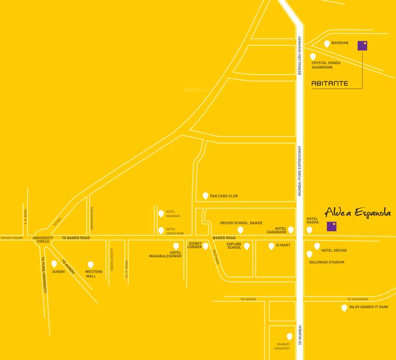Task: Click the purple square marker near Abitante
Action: pyautogui.click(x=362, y=45)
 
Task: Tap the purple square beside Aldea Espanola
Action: pyautogui.click(x=332, y=226)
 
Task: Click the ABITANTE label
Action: pyautogui.click(x=330, y=83)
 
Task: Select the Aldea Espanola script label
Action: pyautogui.click(x=358, y=212)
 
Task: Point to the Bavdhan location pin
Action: pyautogui.click(x=327, y=44)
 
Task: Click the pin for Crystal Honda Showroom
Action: pyautogui.click(x=313, y=56)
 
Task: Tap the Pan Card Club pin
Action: pyautogui.click(x=205, y=195)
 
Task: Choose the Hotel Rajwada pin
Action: pyautogui.click(x=161, y=213)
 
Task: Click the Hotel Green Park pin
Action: pyautogui.click(x=161, y=230)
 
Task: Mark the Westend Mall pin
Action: pyautogui.click(x=91, y=264)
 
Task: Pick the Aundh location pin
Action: pyautogui.click(x=54, y=263)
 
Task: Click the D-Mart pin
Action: pyautogui.click(x=271, y=246)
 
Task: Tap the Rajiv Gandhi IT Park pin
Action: pyautogui.click(x=344, y=307)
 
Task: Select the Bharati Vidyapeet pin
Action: pyautogui.click(x=289, y=336)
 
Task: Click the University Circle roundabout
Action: pyautogui.click(x=43, y=238)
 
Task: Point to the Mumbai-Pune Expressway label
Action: pyautogui.click(x=299, y=171)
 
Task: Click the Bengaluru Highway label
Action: pyautogui.click(x=299, y=56)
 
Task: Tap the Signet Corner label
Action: pyautogui.click(x=195, y=245)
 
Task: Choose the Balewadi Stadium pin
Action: pyautogui.click(x=309, y=254)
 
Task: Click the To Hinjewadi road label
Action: pyautogui.click(x=358, y=299)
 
